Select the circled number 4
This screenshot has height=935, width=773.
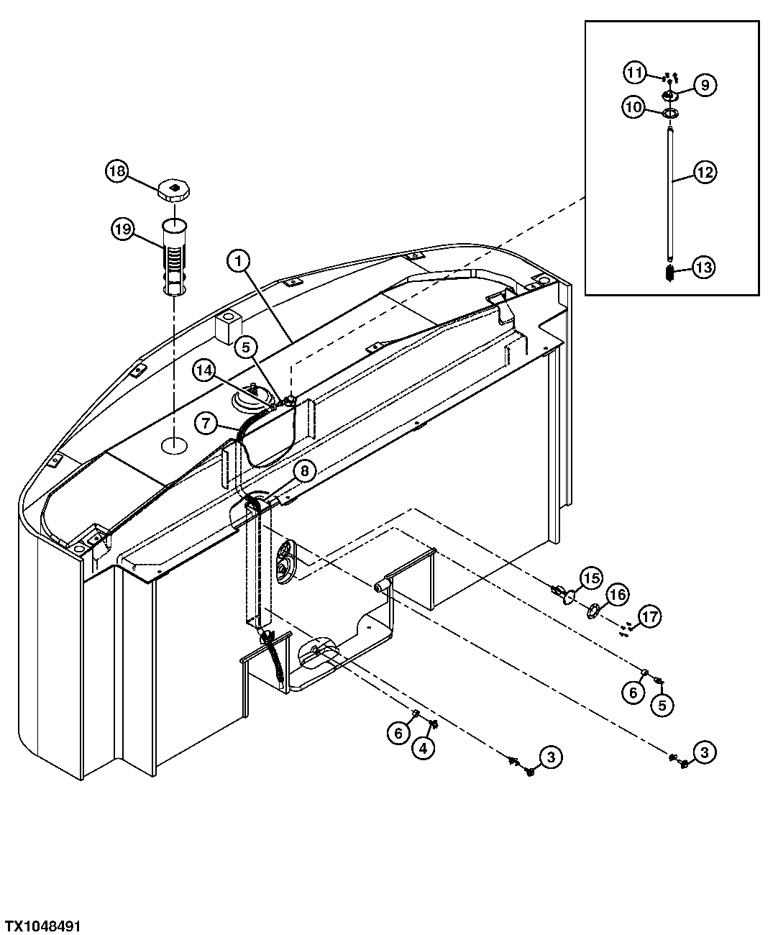[424, 749]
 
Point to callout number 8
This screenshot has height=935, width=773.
[304, 471]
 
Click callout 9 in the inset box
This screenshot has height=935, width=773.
[705, 85]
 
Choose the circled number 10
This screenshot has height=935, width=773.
[633, 109]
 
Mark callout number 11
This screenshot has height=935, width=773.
[633, 73]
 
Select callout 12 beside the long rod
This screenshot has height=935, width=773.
[705, 172]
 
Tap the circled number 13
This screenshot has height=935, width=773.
[705, 268]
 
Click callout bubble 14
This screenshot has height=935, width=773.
[204, 370]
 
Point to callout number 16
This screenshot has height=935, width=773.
[618, 595]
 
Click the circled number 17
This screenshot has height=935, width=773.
[649, 616]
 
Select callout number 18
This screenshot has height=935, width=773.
[117, 171]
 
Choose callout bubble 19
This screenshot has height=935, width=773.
[122, 230]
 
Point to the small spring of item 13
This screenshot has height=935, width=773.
[669, 274]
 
